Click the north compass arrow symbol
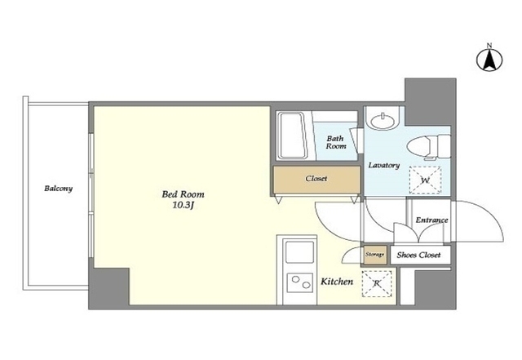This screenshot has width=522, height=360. click(x=489, y=60)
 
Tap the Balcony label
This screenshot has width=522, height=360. click(x=58, y=189)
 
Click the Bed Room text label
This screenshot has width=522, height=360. click(x=183, y=194)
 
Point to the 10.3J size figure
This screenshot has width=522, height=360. click(x=183, y=205)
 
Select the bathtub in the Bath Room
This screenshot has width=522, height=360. click(x=292, y=136)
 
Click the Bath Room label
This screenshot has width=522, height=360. click(x=335, y=142)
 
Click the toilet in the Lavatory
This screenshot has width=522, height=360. click(x=428, y=146)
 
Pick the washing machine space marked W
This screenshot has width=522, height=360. click(x=425, y=180)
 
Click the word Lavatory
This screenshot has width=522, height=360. click(x=384, y=165)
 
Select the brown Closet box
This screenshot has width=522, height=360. click(x=316, y=180)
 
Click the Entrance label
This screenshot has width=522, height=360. click(x=431, y=220)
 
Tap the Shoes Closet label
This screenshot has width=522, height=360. click(x=418, y=255)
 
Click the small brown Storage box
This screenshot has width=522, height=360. click(x=375, y=255)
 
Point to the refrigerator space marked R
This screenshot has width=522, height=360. click(x=377, y=283)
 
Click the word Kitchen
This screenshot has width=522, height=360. click(x=337, y=282)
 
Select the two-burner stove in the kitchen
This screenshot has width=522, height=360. click(x=300, y=282)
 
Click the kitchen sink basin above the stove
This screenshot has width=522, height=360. click(x=299, y=252)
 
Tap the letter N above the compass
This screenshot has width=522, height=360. click(x=489, y=46)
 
